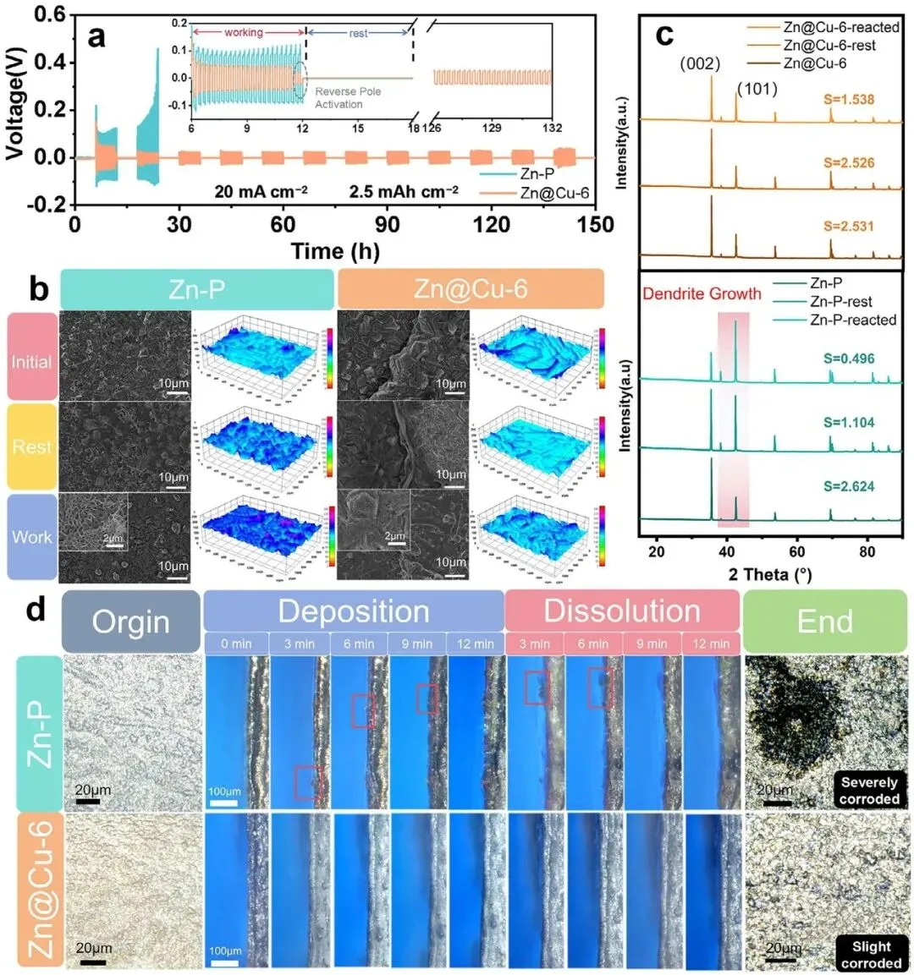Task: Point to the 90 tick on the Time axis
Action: (388, 224)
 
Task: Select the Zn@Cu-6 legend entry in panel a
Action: (554, 193)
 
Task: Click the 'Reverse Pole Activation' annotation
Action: (348, 97)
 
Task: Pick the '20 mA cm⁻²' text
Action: (261, 191)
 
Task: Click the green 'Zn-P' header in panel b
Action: (196, 289)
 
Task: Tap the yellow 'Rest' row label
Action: (32, 446)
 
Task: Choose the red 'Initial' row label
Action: (32, 361)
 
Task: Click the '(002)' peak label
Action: (701, 63)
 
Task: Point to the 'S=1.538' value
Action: (849, 99)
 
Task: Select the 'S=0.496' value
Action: (849, 358)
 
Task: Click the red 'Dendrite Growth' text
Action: (702, 294)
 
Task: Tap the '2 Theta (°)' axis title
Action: (770, 575)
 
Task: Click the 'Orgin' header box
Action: (130, 622)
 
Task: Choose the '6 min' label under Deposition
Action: (359, 644)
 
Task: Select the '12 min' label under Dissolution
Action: (711, 644)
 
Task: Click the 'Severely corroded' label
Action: (869, 791)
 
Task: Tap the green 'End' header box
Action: (824, 622)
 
